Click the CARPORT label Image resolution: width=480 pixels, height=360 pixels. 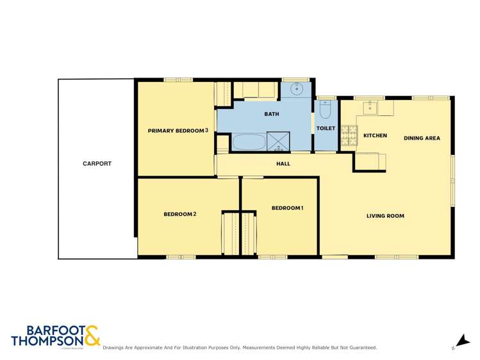97,163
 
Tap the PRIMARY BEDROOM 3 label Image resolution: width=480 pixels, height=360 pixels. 178,131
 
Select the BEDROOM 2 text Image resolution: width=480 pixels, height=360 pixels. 179,214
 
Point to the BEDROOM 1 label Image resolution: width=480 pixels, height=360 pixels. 287,208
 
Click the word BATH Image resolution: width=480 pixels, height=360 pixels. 272,114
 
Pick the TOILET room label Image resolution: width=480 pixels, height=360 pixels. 326,128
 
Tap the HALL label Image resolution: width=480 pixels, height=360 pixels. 283,163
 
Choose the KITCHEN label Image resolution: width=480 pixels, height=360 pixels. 376,136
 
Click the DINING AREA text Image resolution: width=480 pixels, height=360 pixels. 422,138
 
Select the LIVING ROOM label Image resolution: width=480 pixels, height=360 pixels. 385,216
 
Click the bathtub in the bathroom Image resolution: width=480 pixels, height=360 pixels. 247,142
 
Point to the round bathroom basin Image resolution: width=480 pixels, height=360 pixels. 297,89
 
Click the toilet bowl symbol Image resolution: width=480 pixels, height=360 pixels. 324,112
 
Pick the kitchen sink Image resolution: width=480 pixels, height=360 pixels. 371,108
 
